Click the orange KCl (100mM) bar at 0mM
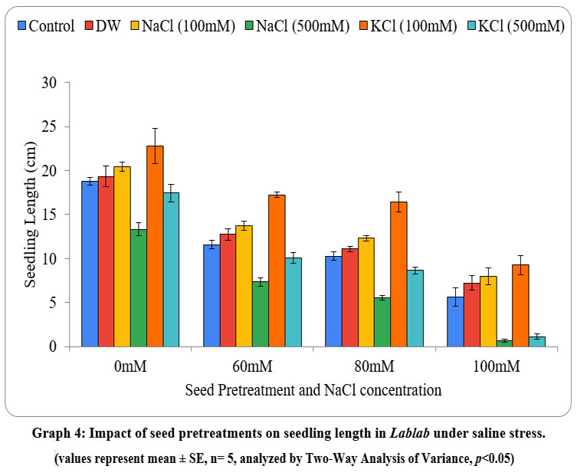click(155, 246)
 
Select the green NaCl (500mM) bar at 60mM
click(261, 314)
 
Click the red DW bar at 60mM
click(228, 291)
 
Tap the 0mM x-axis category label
click(130, 366)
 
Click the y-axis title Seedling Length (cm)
click(31, 215)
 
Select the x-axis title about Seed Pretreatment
click(313, 389)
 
